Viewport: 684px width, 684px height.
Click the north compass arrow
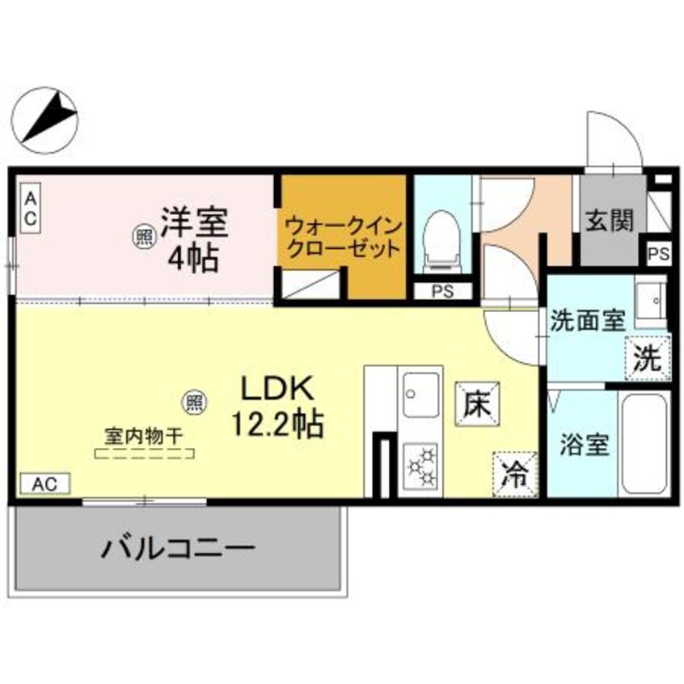tap(48, 116)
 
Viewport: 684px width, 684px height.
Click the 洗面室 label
tap(587, 320)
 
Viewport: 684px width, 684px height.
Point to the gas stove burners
tap(421, 465)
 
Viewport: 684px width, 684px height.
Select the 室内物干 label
tap(144, 436)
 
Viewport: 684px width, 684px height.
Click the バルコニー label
tap(178, 551)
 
